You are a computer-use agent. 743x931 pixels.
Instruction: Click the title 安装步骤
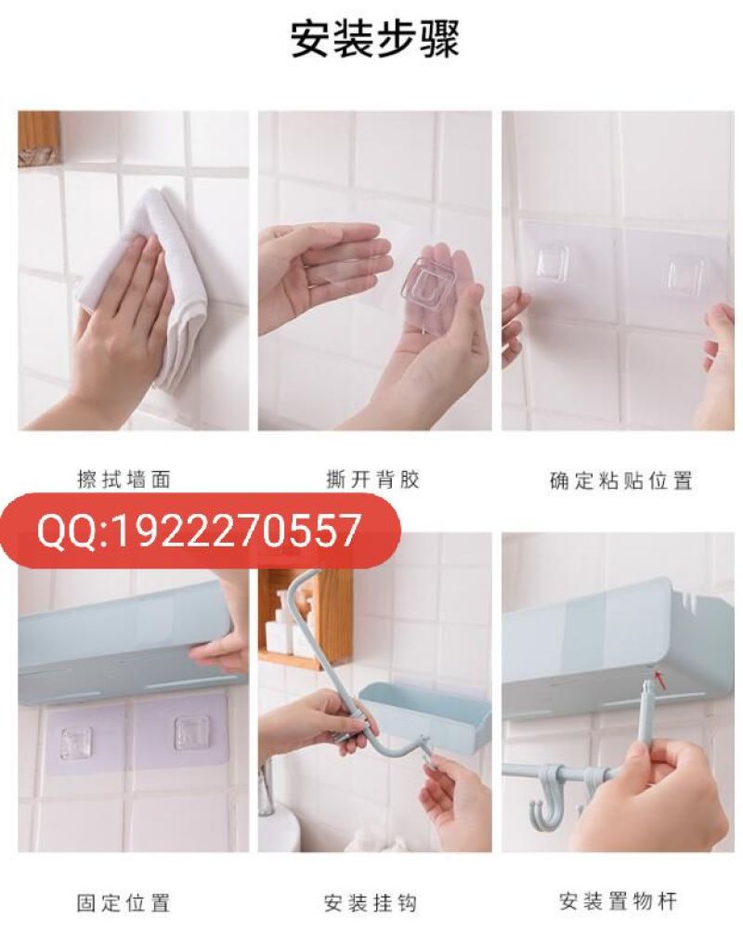(x=375, y=40)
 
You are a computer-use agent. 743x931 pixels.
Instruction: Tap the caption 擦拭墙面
(x=124, y=479)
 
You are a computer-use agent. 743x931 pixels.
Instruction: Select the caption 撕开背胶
(x=372, y=479)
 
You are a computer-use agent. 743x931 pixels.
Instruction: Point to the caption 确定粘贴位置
(x=620, y=480)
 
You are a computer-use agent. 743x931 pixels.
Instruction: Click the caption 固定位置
(x=124, y=903)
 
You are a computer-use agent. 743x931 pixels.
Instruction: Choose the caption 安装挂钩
(x=371, y=903)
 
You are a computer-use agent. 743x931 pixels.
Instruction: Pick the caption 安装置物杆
(x=618, y=901)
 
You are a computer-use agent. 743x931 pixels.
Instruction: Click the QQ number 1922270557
(x=235, y=531)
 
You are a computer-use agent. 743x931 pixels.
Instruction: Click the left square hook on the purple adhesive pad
(x=76, y=741)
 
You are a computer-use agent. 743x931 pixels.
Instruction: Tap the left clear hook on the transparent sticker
(x=552, y=263)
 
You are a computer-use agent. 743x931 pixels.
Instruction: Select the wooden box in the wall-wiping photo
(x=39, y=138)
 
